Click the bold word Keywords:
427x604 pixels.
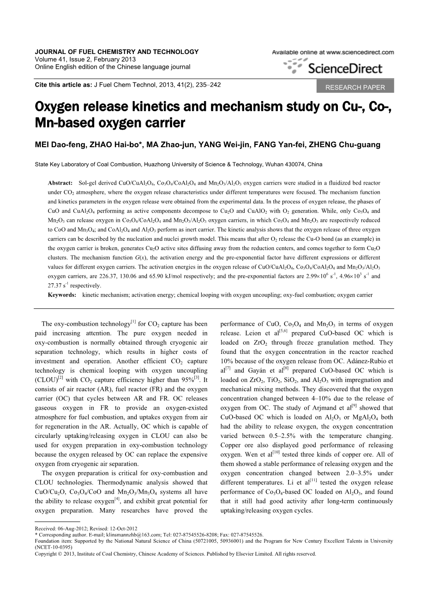[62, 294]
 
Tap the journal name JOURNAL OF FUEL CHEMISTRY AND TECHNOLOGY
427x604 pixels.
[117, 52]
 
